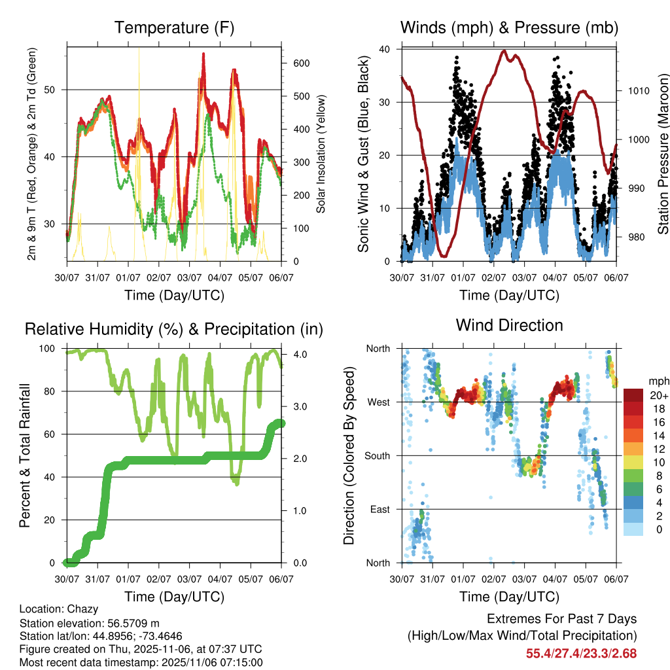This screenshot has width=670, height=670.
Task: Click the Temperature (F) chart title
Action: (x=174, y=27)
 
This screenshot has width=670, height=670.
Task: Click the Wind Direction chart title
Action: (x=509, y=325)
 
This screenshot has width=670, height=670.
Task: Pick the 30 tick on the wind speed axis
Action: (x=385, y=102)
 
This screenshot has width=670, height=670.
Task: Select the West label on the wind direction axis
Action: (x=378, y=402)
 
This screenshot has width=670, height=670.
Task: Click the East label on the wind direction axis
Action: (x=379, y=509)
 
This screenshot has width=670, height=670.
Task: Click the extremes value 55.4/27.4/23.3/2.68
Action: (x=581, y=653)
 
